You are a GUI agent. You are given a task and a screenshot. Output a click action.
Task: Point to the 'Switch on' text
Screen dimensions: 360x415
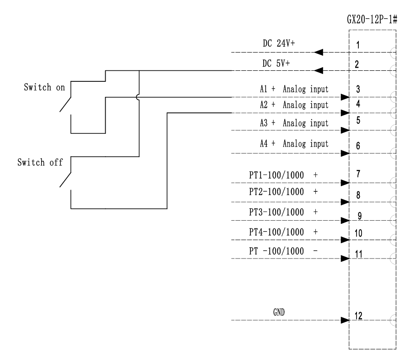[44, 88]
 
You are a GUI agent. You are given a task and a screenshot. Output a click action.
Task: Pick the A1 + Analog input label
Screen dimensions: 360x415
[291, 89]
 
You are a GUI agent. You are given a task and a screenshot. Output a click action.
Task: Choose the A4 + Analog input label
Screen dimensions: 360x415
[291, 143]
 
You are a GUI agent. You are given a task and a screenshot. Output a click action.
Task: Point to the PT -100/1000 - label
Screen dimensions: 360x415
[283, 252]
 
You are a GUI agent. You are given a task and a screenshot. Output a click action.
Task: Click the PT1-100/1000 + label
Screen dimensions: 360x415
[283, 175]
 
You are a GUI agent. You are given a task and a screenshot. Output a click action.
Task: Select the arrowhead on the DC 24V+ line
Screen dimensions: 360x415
[320, 52]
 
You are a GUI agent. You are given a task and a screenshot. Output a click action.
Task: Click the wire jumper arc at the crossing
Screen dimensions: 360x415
[138, 97]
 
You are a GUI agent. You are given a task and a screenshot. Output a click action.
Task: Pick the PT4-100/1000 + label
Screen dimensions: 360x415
[283, 232]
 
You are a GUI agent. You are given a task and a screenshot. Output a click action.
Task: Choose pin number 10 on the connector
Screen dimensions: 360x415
[358, 233]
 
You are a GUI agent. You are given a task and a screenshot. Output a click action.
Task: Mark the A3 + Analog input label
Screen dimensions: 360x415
[291, 123]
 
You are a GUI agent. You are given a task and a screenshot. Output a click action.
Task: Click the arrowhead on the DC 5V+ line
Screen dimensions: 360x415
[320, 70]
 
